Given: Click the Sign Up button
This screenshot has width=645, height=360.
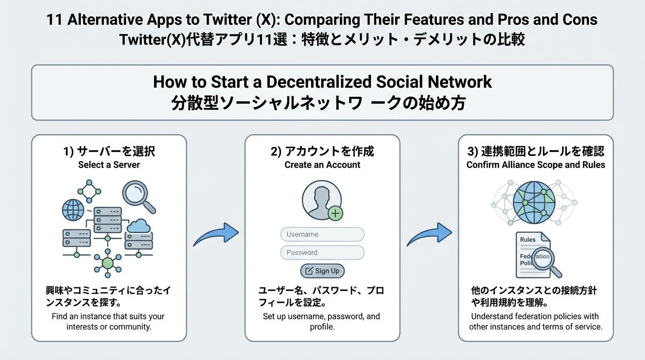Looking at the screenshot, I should point(322,271).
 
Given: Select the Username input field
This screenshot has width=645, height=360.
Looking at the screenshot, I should point(322,234).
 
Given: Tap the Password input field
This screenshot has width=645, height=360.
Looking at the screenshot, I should point(322,253).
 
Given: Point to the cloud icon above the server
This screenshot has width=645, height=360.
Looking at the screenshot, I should point(138,226).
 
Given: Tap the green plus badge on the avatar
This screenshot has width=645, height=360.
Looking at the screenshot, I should point(335,214).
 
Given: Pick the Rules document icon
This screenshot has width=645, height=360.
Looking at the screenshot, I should point(532,254).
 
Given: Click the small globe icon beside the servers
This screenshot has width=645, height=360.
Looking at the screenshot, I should point(73,210).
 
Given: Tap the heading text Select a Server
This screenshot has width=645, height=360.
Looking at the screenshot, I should point(109,165).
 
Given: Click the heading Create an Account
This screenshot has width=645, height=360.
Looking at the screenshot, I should point(322,165).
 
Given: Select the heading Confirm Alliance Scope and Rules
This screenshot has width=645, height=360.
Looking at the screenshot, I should point(536,165).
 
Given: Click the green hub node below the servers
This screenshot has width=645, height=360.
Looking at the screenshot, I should point(108,263).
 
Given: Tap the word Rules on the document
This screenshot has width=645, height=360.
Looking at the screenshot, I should point(528,240).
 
